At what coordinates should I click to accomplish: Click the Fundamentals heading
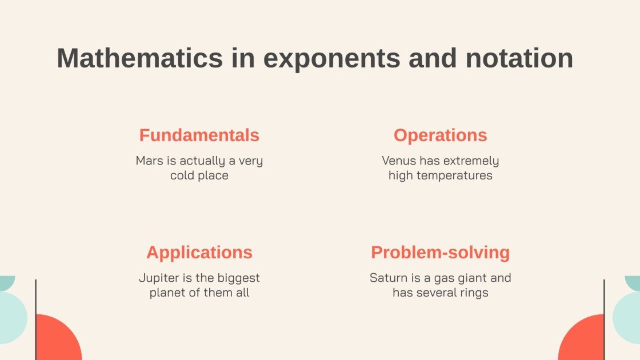point(199,135)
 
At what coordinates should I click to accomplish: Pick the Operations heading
point(440,135)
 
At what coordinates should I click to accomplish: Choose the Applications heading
point(199,253)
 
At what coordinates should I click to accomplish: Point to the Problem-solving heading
point(440,253)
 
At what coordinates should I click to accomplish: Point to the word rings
point(475,293)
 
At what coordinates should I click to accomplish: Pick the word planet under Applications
point(167,293)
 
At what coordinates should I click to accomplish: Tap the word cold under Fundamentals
point(181,176)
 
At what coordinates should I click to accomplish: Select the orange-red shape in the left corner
point(57,341)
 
